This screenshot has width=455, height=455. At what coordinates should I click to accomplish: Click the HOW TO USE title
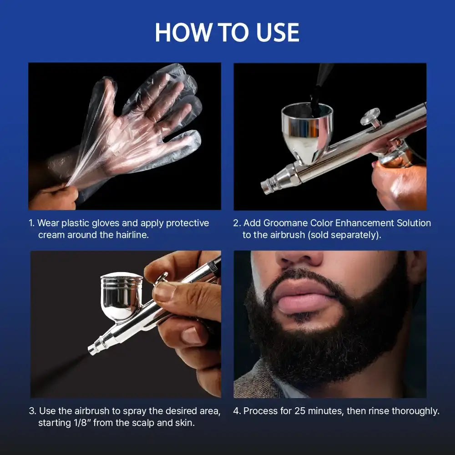227,33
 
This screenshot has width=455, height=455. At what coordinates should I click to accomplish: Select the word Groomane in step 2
285,223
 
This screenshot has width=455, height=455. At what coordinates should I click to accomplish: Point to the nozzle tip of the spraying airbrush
93,350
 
